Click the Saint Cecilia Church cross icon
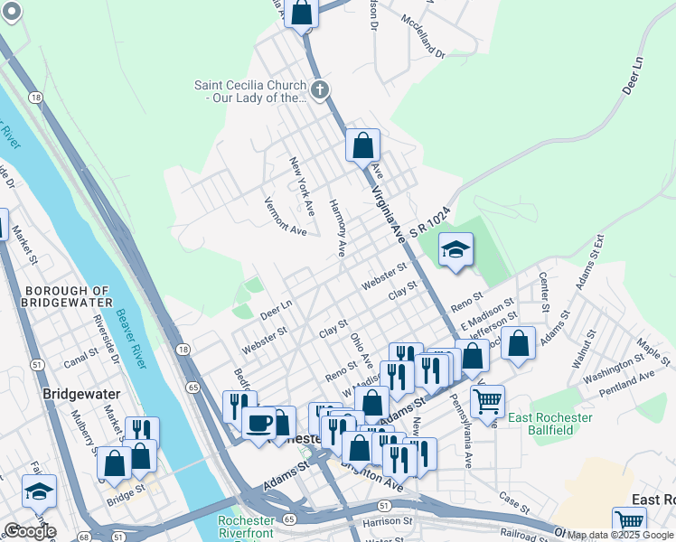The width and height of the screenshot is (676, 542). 320,89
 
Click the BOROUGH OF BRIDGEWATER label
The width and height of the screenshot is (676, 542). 69,296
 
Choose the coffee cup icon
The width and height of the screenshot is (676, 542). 258,422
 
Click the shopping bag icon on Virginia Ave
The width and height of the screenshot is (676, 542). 362,144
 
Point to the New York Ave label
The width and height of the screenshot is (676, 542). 302,186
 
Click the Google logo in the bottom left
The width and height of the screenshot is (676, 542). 30,531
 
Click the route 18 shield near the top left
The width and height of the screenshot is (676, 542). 35,97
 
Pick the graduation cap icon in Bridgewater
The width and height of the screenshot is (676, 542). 39,491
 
